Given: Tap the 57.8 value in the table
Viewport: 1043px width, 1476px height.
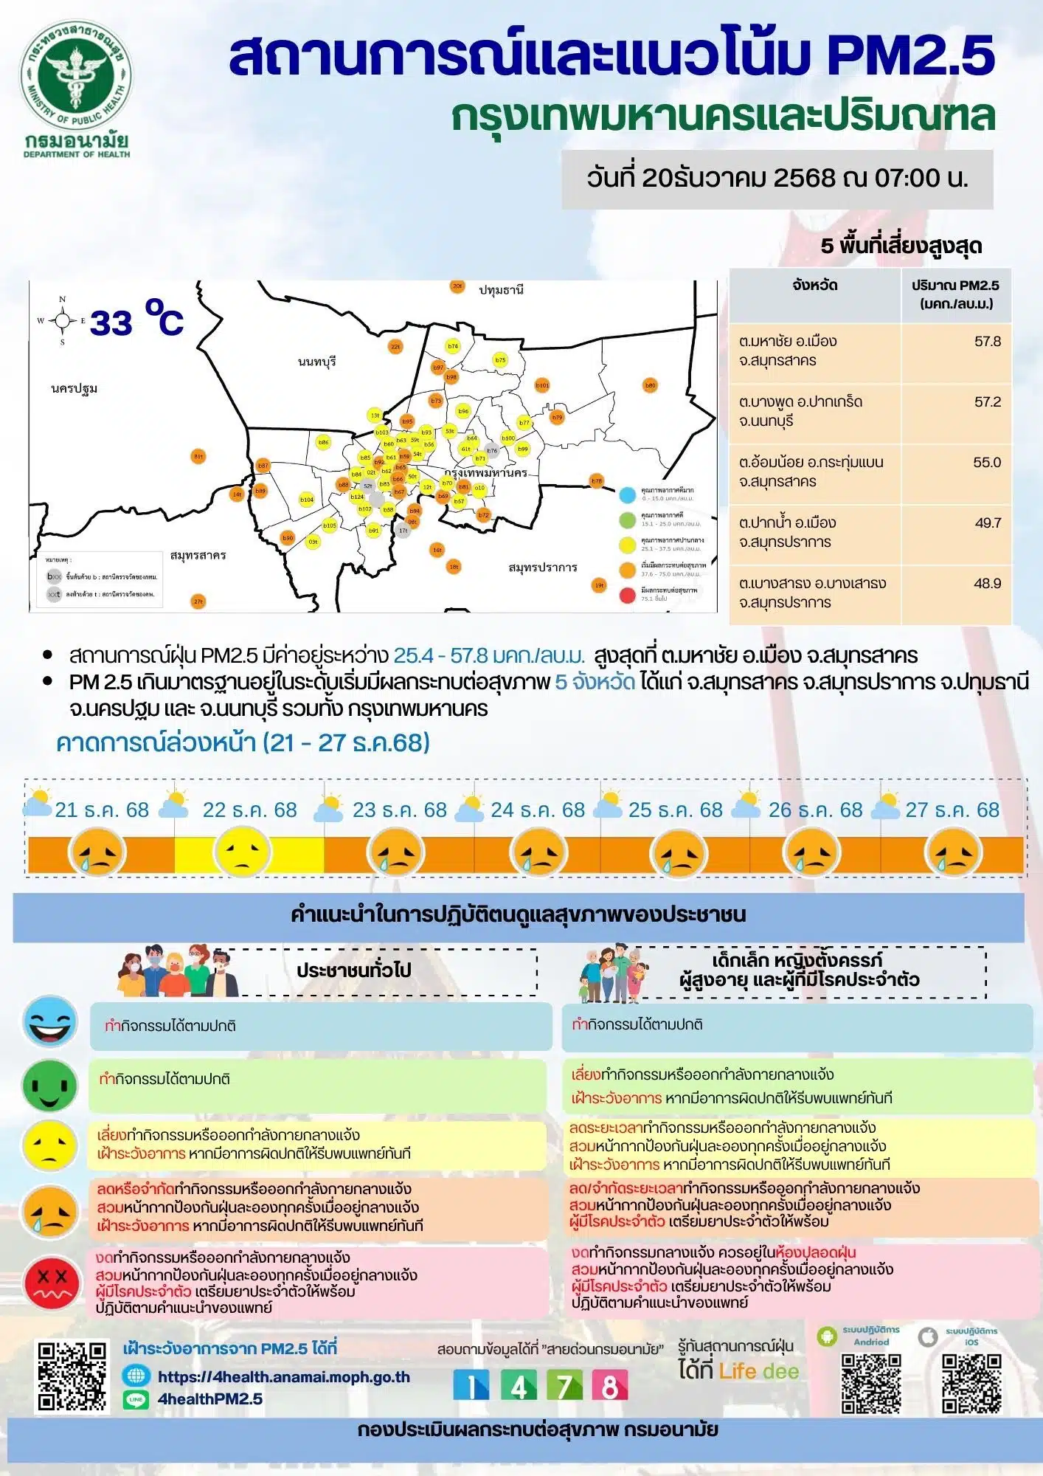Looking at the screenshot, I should click(x=987, y=342).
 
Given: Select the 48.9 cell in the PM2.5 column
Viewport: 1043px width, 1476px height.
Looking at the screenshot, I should click(x=987, y=584).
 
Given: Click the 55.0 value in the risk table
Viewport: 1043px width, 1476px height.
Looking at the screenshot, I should click(x=987, y=463).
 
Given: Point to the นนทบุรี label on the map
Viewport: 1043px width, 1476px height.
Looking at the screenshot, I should click(x=317, y=361).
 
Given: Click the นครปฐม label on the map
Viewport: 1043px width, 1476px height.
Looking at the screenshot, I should click(x=74, y=388).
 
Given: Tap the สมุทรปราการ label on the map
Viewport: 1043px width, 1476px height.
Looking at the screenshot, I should click(x=542, y=568).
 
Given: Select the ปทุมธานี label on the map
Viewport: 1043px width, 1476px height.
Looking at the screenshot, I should click(x=501, y=290).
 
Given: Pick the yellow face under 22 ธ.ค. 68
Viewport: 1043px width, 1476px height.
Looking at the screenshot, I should click(x=242, y=853).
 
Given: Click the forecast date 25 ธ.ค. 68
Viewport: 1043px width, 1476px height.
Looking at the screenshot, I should click(x=675, y=810).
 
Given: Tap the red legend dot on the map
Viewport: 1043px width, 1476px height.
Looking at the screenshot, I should click(x=628, y=595).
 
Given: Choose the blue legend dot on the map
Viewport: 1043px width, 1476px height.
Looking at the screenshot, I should click(x=628, y=494).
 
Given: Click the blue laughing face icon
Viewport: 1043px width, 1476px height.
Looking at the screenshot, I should click(x=50, y=1021).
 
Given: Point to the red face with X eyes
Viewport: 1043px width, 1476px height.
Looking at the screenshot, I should click(x=51, y=1282).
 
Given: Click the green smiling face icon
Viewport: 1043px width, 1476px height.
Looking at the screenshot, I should click(x=50, y=1086).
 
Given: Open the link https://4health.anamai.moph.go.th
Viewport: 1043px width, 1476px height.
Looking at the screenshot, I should click(x=283, y=1377).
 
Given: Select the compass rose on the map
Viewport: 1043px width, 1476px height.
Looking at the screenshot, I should click(x=63, y=320).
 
